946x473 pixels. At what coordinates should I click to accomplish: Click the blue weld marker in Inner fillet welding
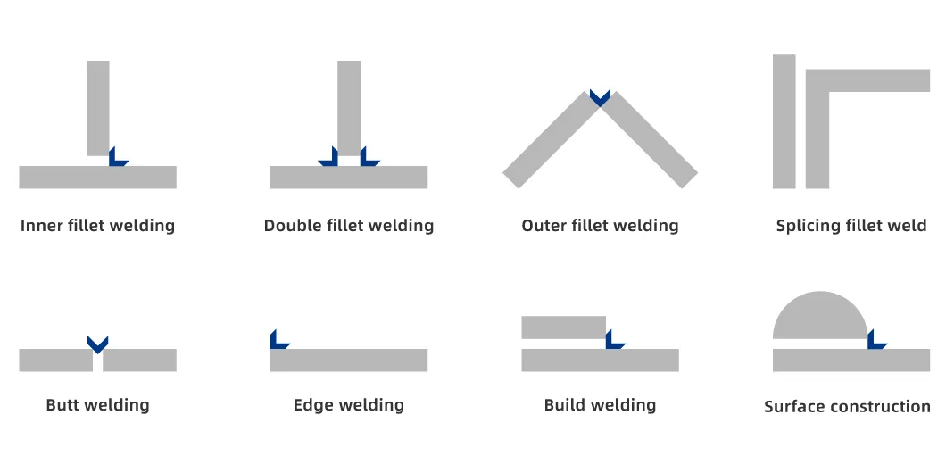pos(116,159)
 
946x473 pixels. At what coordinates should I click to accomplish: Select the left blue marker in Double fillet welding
pos(328,159)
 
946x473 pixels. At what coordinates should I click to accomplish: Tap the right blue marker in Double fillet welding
pos(368,159)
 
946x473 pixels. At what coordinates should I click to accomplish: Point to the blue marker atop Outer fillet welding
pos(600,96)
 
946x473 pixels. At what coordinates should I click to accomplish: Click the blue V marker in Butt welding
pos(97,343)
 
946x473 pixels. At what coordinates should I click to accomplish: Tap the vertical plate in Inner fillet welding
pos(98,107)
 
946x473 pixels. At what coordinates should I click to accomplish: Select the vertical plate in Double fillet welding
pos(349,107)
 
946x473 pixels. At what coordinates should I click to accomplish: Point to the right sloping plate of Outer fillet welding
pos(653,141)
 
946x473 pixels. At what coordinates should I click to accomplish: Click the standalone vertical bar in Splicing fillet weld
pos(784,121)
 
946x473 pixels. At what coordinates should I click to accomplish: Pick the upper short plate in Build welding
pos(563,328)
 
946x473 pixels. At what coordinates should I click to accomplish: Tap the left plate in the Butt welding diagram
pos(55,360)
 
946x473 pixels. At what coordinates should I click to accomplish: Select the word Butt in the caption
pos(62,405)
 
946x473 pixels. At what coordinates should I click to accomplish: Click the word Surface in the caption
pos(794,407)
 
